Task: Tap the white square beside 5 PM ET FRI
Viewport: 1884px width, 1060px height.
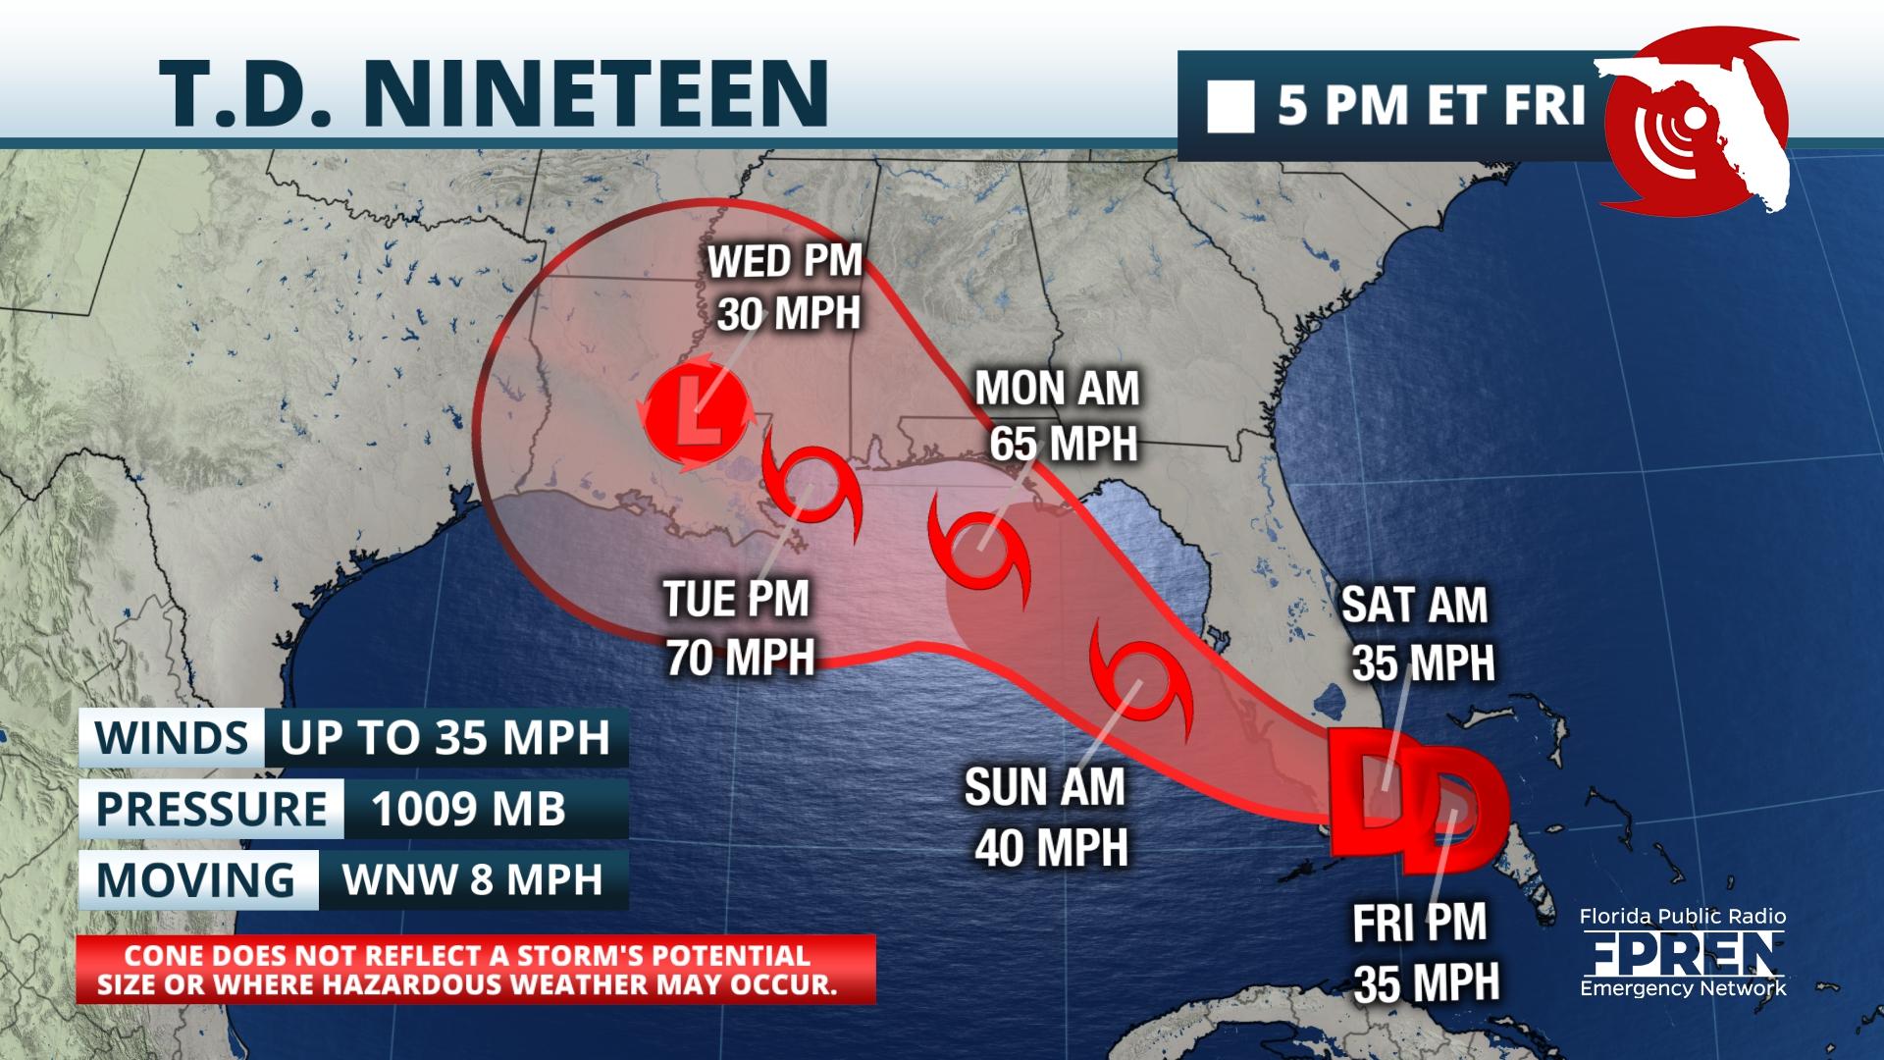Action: pos(1230,107)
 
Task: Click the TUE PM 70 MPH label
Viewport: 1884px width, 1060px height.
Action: pos(738,628)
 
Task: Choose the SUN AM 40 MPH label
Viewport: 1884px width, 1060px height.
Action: pos(1047,817)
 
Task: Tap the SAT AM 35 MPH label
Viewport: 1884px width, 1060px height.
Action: pos(1418,633)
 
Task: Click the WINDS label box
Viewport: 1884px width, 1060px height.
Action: pos(172,737)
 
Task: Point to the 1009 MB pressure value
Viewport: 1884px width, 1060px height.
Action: pos(469,809)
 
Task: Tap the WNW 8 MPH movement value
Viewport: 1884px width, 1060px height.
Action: pos(472,879)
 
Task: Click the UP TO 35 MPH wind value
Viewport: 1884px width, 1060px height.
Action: pos(445,737)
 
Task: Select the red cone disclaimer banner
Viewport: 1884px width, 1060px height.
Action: pos(476,970)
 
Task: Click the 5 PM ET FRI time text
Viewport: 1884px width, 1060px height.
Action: pos(1431,106)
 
